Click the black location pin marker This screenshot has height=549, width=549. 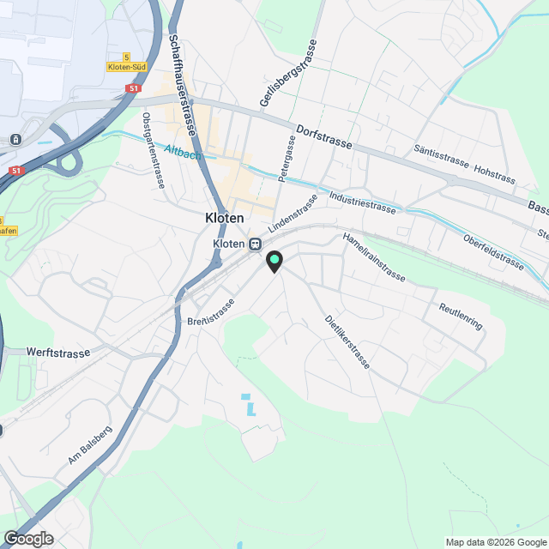(x=274, y=261)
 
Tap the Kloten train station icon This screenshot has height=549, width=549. (x=255, y=244)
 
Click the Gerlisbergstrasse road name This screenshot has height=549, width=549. (x=288, y=74)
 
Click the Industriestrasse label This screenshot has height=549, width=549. (x=362, y=202)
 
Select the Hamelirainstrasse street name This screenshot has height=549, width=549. (x=373, y=256)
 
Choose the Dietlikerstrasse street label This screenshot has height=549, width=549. (x=347, y=342)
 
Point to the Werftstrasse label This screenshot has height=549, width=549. (x=59, y=352)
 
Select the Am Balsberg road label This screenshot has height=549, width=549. (x=90, y=445)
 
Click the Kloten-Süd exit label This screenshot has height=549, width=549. (x=128, y=66)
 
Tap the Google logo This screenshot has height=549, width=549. (x=28, y=539)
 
